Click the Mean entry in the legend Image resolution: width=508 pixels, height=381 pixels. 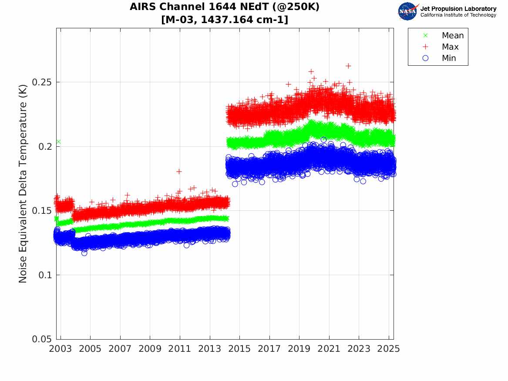[x=452, y=36]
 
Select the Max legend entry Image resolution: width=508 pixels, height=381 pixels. [x=450, y=47]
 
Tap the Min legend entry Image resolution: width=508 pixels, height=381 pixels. [x=449, y=58]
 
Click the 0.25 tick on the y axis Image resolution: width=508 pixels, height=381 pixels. [x=43, y=82]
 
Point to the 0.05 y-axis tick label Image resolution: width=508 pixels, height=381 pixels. [x=43, y=339]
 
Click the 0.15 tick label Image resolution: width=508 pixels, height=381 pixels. [x=43, y=211]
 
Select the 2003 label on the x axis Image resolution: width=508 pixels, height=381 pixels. [x=61, y=349]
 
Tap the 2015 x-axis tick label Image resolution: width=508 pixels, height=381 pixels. [x=239, y=349]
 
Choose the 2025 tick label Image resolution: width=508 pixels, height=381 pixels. [x=389, y=349]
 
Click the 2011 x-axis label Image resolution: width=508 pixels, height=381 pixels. [x=180, y=349]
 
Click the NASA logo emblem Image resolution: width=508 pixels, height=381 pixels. [x=408, y=11]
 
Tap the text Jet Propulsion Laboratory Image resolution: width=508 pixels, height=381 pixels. [x=458, y=9]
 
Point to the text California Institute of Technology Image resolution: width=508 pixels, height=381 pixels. [x=458, y=15]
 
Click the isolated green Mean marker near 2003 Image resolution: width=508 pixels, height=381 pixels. [x=58, y=142]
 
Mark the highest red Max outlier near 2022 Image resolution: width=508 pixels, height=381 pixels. [x=348, y=66]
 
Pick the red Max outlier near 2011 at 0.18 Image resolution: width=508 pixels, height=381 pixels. [x=179, y=171]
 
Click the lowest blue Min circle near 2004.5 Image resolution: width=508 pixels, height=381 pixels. [x=84, y=253]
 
